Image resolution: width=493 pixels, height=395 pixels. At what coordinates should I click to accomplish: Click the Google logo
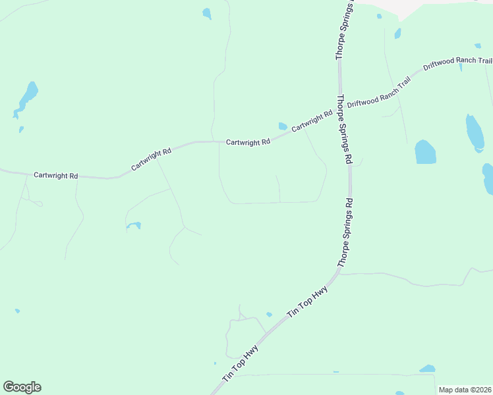pyautogui.click(x=22, y=387)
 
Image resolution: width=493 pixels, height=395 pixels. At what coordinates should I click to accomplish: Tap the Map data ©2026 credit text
pyautogui.click(x=465, y=390)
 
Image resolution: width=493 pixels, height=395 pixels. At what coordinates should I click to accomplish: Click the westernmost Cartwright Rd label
pyautogui.click(x=56, y=176)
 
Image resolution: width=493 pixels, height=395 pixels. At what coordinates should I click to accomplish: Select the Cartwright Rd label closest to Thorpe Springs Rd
pyautogui.click(x=312, y=120)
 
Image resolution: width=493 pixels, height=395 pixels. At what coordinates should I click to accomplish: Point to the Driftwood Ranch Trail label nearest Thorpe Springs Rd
pyautogui.click(x=379, y=93)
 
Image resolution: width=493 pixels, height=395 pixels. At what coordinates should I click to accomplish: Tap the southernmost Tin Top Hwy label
pyautogui.click(x=240, y=364)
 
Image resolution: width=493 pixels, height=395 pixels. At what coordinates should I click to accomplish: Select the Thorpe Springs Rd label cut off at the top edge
pyautogui.click(x=344, y=30)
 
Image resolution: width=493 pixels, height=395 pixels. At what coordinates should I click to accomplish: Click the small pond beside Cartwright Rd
pyautogui.click(x=283, y=126)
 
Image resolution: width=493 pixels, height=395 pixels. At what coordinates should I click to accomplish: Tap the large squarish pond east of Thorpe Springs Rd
pyautogui.click(x=425, y=152)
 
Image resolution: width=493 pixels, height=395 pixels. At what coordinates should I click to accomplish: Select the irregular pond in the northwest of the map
pyautogui.click(x=28, y=97)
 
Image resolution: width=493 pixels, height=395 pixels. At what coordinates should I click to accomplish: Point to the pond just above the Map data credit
pyautogui.click(x=428, y=369)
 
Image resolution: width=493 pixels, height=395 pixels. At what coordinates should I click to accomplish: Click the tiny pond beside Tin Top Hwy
pyautogui.click(x=269, y=314)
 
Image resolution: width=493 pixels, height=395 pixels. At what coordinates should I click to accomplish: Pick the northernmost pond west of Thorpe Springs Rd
pyautogui.click(x=207, y=13)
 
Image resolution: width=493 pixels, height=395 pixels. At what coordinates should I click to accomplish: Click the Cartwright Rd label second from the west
pyautogui.click(x=151, y=160)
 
